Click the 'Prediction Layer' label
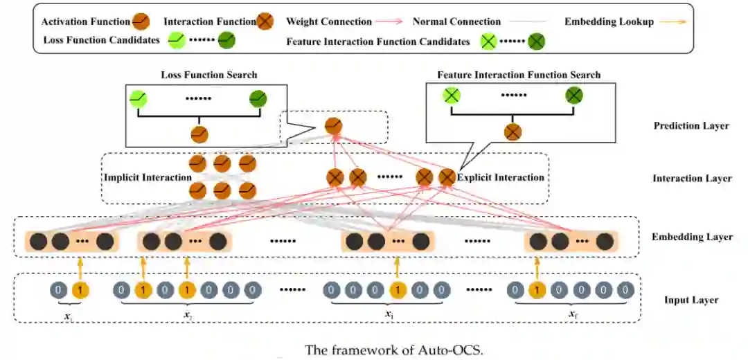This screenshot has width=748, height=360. [691, 126]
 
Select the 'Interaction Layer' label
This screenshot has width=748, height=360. [691, 179]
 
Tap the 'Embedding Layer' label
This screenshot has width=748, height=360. [691, 237]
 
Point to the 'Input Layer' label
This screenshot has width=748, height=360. [691, 300]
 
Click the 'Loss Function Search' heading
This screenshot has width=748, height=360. [208, 75]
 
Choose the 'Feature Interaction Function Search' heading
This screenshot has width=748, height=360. [519, 75]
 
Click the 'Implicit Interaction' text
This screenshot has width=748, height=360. [147, 178]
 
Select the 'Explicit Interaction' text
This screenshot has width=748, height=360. [501, 178]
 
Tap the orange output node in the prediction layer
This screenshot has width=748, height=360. [333, 125]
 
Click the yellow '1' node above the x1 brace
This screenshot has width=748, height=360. [80, 289]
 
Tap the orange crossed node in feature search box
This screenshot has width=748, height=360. [513, 132]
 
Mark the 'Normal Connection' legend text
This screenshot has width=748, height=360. [456, 21]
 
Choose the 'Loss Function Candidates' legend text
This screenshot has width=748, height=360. [100, 40]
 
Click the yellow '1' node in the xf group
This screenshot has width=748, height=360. [536, 289]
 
